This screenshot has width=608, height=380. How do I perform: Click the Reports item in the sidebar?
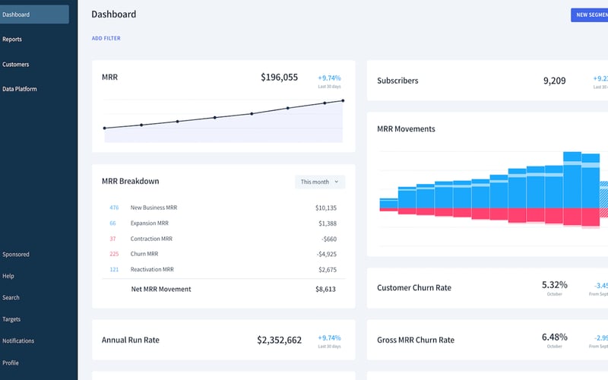tap(12, 40)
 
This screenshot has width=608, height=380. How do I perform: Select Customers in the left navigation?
tap(15, 65)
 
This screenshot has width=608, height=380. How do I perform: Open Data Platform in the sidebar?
tap(20, 89)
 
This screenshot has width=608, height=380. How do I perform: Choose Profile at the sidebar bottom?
tap(11, 363)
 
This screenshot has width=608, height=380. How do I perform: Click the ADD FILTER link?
tap(106, 39)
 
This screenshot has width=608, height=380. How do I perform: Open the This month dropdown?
tap(320, 182)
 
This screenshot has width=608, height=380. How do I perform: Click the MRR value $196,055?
tap(279, 78)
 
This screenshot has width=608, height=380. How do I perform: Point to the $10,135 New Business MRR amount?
tap(325, 207)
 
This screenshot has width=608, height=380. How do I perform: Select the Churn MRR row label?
tap(144, 254)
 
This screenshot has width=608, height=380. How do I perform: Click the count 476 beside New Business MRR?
tap(114, 207)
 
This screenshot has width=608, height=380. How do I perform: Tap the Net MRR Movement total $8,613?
tap(325, 289)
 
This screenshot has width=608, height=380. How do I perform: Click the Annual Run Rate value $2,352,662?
tap(279, 340)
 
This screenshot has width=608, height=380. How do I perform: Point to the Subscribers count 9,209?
tap(554, 81)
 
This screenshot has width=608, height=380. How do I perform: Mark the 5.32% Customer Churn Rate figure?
tap(554, 284)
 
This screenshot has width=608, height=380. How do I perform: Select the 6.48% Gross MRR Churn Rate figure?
tap(554, 337)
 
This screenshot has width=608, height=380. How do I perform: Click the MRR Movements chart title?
tap(406, 129)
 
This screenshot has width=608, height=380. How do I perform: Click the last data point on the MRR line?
tap(343, 100)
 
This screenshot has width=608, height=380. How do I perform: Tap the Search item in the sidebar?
tap(11, 298)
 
